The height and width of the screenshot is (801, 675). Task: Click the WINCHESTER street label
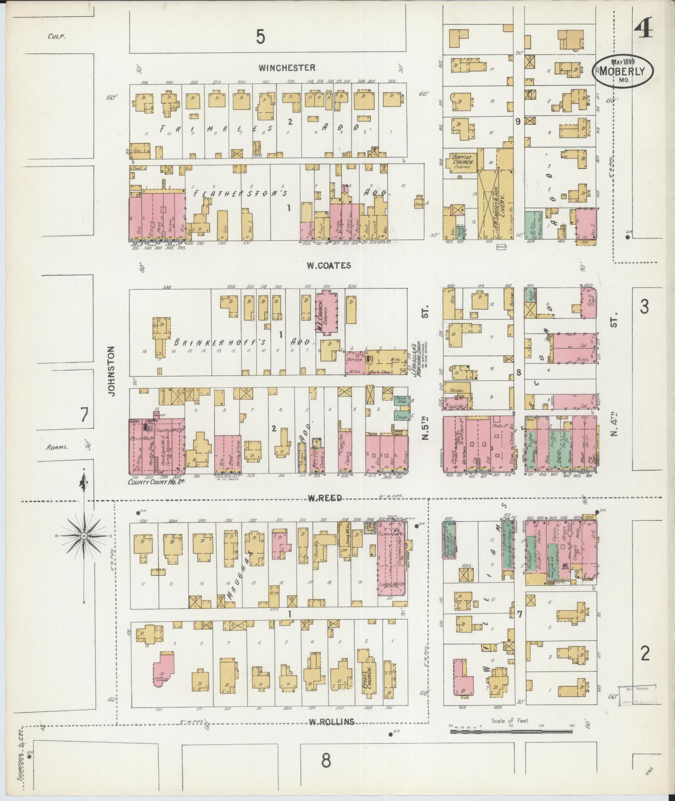pyautogui.click(x=286, y=67)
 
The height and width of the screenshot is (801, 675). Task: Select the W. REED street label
pyautogui.click(x=325, y=498)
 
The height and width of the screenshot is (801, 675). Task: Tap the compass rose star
pyautogui.click(x=84, y=536)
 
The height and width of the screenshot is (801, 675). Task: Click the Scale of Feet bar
pyautogui.click(x=511, y=438)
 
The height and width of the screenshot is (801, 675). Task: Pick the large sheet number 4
pyautogui.click(x=643, y=29)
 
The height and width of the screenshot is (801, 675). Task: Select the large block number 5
pyautogui.click(x=260, y=38)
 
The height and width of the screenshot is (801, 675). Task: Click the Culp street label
pyautogui.click(x=56, y=36)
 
